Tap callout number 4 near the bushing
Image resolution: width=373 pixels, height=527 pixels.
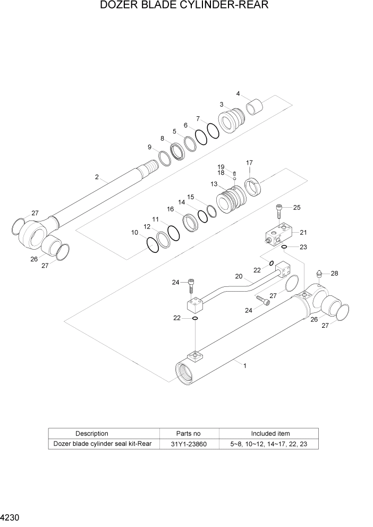point(239,94)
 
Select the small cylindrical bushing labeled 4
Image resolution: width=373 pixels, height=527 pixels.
point(256,106)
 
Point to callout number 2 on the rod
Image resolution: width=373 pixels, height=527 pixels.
point(97,177)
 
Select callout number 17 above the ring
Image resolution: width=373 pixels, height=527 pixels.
point(249,163)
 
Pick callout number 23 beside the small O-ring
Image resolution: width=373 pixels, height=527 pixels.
point(303,247)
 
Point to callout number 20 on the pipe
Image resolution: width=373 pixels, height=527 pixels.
point(239,276)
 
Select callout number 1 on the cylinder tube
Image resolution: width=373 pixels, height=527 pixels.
point(244,365)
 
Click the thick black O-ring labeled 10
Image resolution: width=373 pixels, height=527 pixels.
point(153,244)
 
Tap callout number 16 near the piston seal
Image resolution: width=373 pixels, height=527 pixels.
point(171,209)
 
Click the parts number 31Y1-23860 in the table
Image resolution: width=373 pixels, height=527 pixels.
point(188,444)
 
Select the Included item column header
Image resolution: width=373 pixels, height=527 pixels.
point(270,433)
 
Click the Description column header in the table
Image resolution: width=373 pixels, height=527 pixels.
point(91,433)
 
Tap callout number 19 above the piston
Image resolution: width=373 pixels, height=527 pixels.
point(221,167)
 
